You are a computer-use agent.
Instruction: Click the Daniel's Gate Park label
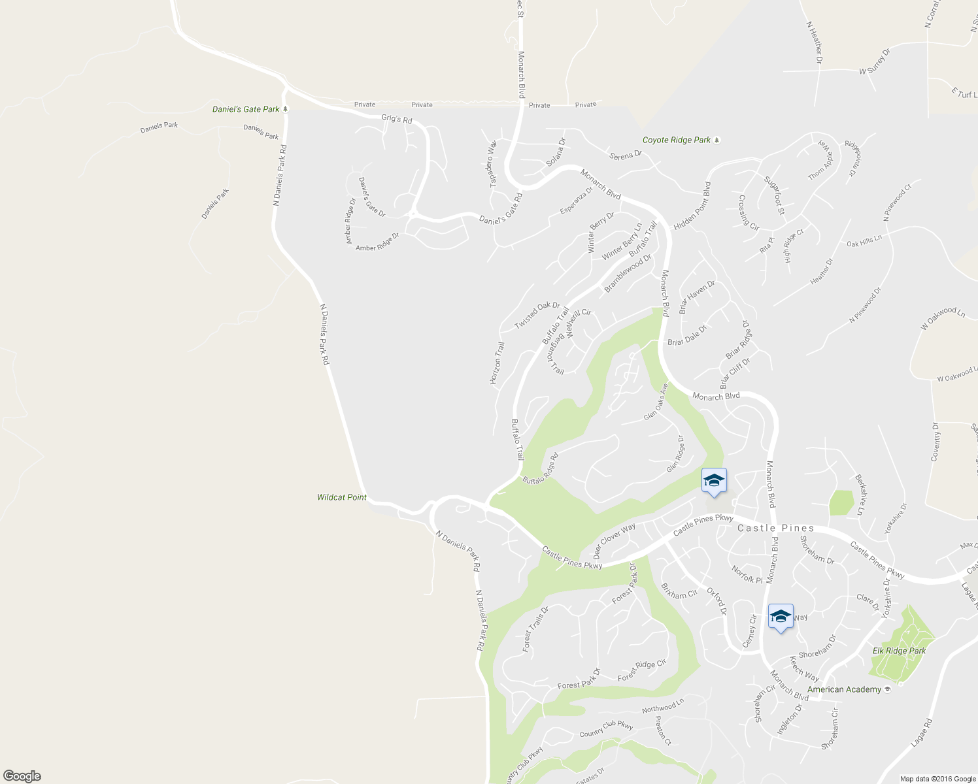tap(246, 109)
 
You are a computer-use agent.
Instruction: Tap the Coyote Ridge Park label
tap(677, 140)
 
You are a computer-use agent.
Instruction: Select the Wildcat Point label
tap(342, 497)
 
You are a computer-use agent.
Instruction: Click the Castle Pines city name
tap(776, 528)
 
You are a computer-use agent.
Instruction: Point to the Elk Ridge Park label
tap(899, 651)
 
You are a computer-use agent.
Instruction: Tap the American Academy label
tap(844, 689)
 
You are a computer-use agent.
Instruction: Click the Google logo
tap(22, 776)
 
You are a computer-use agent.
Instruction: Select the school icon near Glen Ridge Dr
tap(714, 482)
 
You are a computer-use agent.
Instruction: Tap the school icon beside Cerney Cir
tap(781, 617)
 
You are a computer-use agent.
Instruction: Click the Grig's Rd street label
tap(397, 119)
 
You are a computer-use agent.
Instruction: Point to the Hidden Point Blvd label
tap(692, 206)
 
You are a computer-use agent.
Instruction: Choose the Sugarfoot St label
tap(774, 194)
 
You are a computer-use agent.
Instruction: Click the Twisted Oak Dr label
tap(537, 316)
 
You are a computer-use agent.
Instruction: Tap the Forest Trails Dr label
tap(535, 629)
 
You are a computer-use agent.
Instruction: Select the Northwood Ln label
tap(662, 706)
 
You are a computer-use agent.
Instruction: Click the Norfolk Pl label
tap(747, 574)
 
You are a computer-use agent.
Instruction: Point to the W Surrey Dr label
tap(875, 62)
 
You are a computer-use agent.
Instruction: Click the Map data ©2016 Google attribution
tap(937, 779)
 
